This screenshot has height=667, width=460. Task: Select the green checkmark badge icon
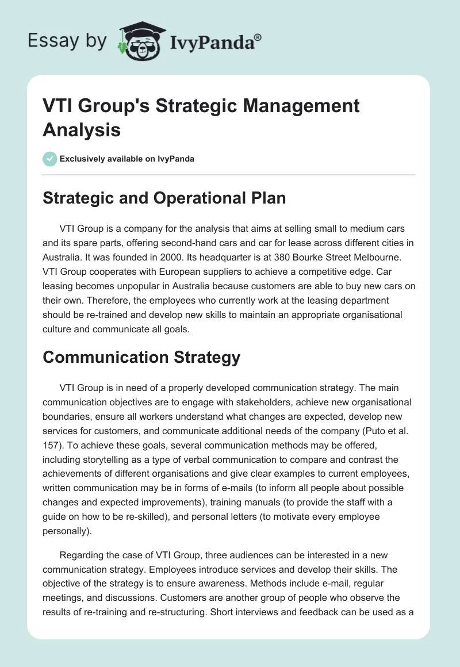[50, 159]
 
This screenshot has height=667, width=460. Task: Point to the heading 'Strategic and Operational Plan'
[164, 198]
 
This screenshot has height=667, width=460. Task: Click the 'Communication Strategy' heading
[141, 357]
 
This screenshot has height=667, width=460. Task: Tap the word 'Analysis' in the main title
[82, 129]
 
